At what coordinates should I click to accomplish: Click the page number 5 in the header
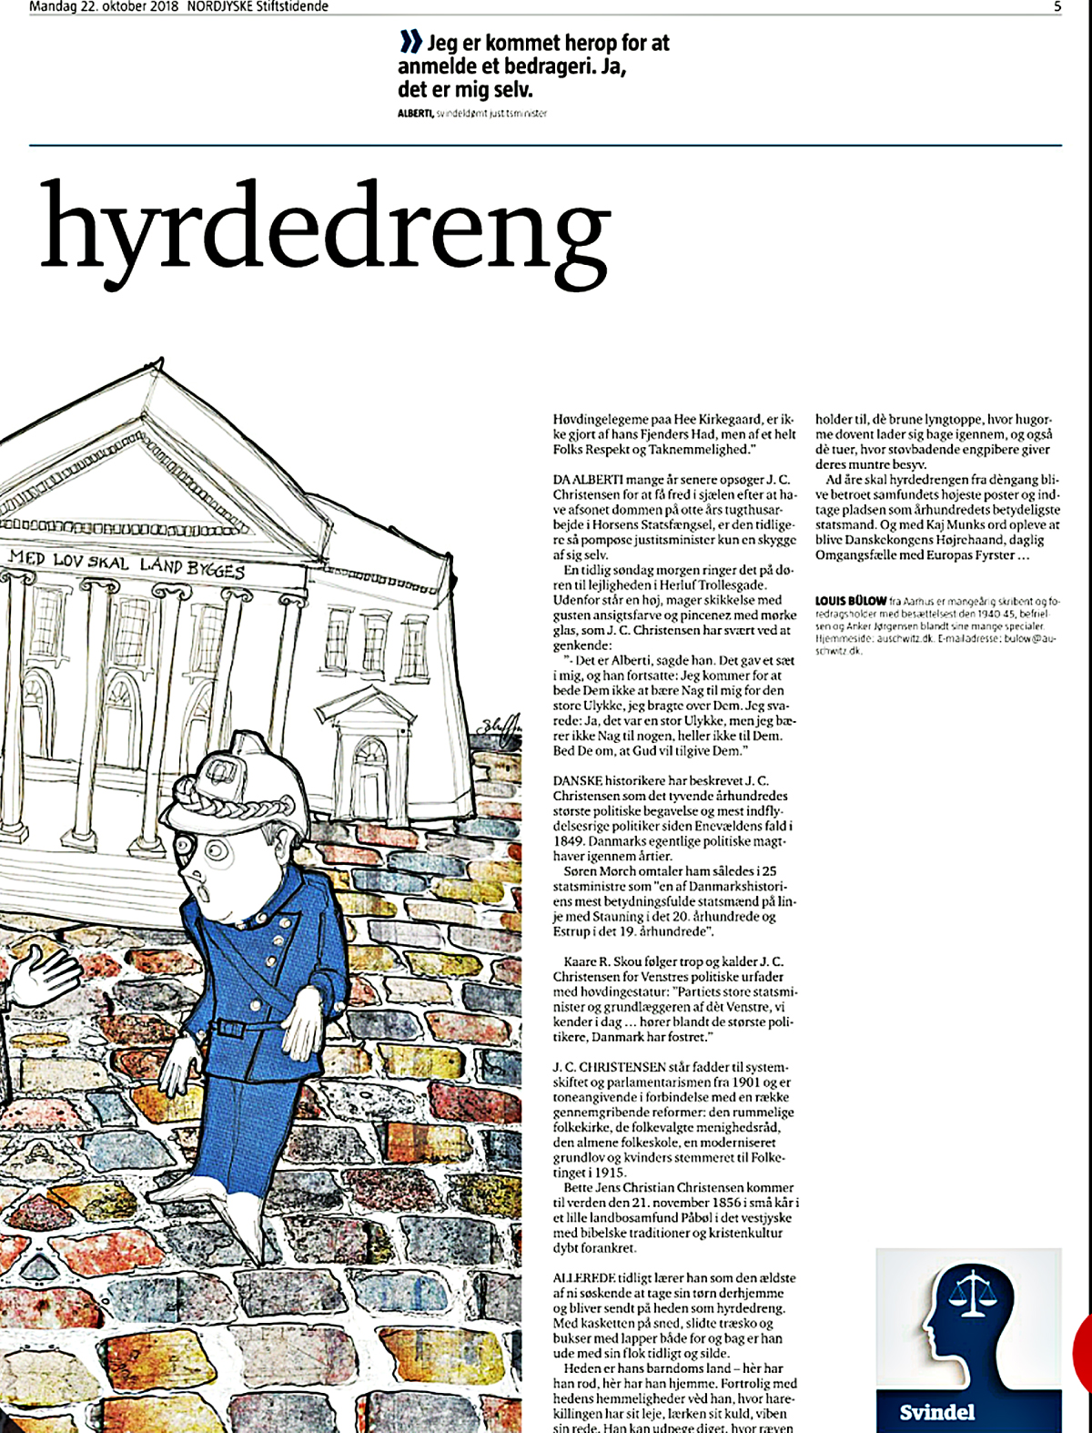pyautogui.click(x=1057, y=7)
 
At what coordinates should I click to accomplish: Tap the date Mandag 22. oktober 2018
pyautogui.click(x=104, y=7)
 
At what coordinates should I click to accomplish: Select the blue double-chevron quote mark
pyautogui.click(x=410, y=42)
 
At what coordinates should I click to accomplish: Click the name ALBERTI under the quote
pyautogui.click(x=415, y=114)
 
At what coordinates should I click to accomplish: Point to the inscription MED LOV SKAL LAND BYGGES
pyautogui.click(x=126, y=564)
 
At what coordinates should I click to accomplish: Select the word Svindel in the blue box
pyautogui.click(x=936, y=1412)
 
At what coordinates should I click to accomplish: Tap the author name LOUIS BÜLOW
pyautogui.click(x=850, y=601)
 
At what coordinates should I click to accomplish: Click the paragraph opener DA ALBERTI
pyautogui.click(x=581, y=480)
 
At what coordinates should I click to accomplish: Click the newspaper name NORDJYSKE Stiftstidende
pyautogui.click(x=258, y=7)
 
